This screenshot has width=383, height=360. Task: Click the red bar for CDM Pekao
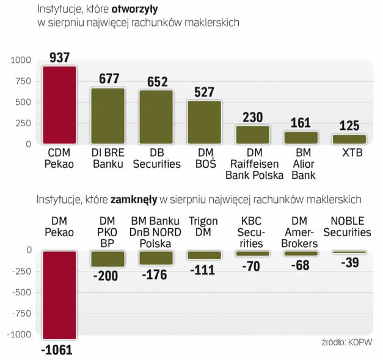click(x=59, y=105)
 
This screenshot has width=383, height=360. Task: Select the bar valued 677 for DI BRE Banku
click(x=108, y=116)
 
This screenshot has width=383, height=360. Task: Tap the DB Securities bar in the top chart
click(x=156, y=117)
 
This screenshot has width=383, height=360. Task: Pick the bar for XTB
click(x=349, y=139)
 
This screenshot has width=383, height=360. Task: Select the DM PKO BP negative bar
click(x=107, y=258)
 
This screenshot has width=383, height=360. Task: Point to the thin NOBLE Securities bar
click(x=349, y=252)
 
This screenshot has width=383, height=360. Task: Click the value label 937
click(x=59, y=57)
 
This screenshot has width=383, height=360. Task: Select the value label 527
click(x=204, y=92)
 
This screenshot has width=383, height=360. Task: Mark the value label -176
click(x=156, y=274)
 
